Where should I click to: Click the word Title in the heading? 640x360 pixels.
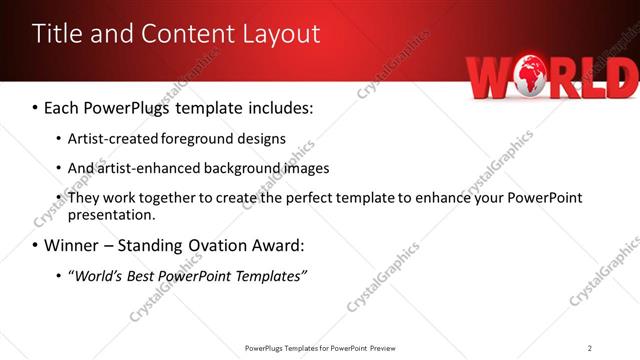click(x=59, y=33)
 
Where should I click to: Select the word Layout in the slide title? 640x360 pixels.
click(x=283, y=33)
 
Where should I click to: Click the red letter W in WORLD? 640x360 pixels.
click(x=491, y=78)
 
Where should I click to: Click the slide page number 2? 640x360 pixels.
click(x=590, y=348)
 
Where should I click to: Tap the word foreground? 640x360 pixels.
click(x=217, y=138)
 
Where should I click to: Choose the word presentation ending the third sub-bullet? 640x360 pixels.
click(x=110, y=215)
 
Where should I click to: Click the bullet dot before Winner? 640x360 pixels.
click(x=36, y=245)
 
